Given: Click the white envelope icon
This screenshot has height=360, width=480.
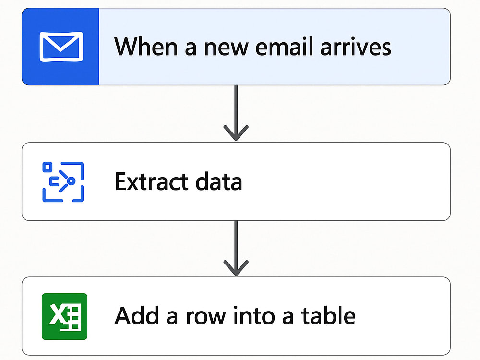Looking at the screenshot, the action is click(61, 47).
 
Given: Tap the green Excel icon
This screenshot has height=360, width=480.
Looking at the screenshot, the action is click(65, 316).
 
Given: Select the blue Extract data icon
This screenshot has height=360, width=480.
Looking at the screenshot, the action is click(63, 182).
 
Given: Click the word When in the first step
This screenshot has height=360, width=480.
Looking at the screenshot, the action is click(146, 47).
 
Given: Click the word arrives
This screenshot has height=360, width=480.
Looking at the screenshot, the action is click(356, 48).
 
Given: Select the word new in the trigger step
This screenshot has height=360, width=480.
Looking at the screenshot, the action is click(226, 48).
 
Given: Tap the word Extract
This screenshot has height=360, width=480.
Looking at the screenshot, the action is click(152, 181).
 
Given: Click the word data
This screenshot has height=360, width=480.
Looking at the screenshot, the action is click(219, 181).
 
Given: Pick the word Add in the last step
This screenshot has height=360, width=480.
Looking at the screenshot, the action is click(136, 316).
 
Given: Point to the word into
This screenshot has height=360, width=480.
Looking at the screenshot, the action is click(254, 316).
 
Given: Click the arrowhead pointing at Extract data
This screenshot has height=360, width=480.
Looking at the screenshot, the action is click(236, 133).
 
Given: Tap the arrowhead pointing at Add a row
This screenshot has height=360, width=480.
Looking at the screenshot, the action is click(236, 268).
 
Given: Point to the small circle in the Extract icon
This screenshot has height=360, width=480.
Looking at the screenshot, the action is click(71, 181).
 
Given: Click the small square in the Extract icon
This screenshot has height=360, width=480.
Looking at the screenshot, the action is click(47, 167).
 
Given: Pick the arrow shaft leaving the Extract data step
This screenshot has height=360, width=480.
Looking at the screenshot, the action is click(236, 247).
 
